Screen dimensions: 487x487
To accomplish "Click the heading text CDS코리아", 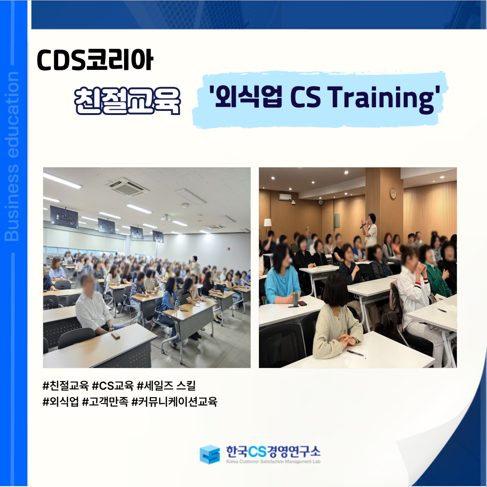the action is click(95, 60).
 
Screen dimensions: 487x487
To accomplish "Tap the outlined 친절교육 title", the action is click(128, 100).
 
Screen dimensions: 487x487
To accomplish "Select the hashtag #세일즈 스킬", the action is click(166, 386).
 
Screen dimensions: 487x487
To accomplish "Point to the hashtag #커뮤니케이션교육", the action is click(174, 402).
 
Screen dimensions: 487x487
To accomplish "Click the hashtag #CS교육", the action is click(113, 386).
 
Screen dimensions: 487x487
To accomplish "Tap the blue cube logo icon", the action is click(210, 454).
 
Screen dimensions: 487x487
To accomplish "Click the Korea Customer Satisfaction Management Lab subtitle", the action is click(273, 462).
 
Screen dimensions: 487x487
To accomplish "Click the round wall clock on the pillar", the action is click(393, 193).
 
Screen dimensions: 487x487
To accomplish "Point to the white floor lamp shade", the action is click(267, 222).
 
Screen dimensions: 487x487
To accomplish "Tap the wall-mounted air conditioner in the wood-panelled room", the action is click(285, 197).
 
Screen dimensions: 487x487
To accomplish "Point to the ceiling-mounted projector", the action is click(165, 218).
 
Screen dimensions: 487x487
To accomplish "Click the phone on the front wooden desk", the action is click(115, 335).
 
